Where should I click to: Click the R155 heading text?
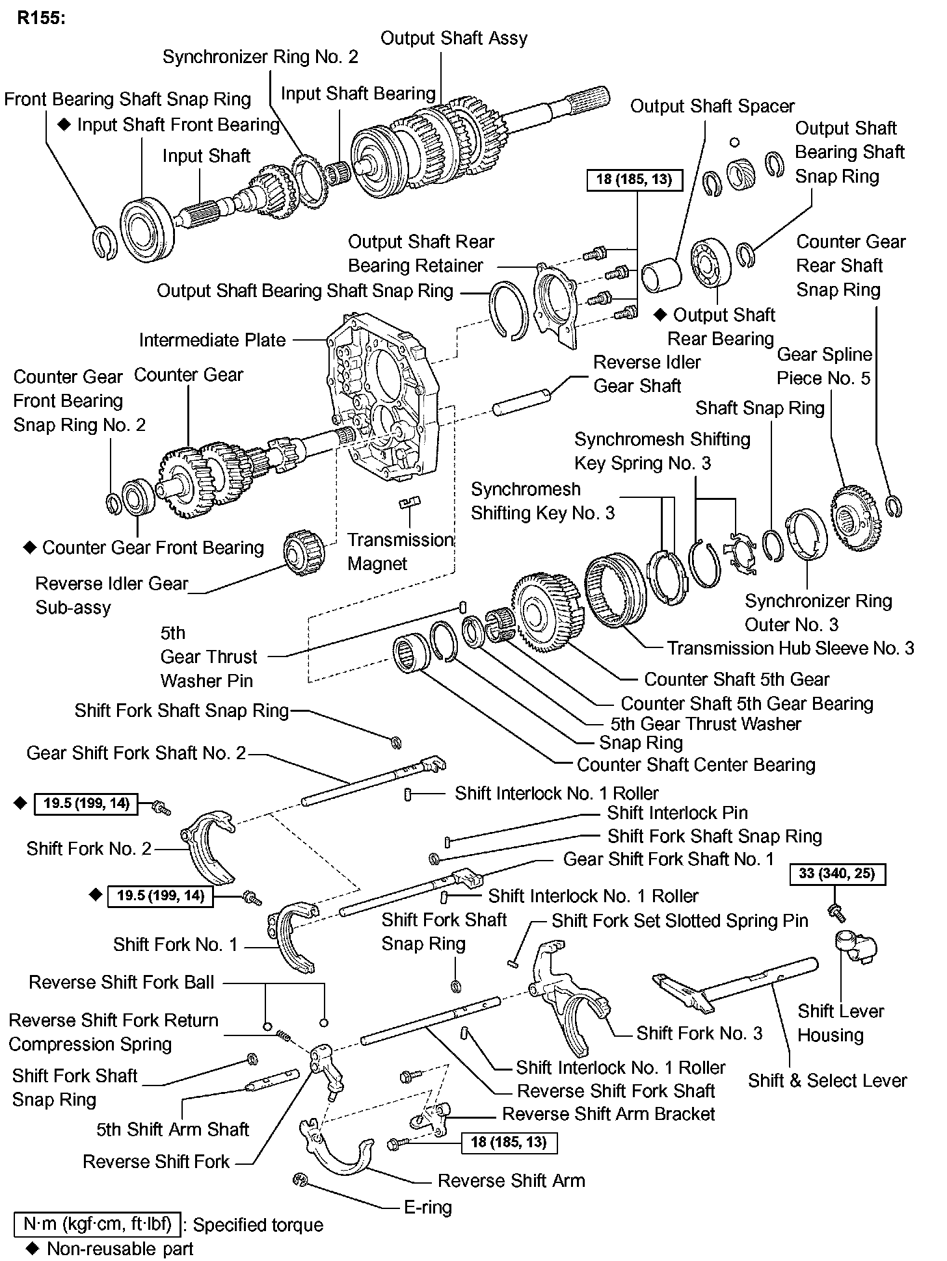tap(42, 18)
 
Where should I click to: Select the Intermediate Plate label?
tap(212, 340)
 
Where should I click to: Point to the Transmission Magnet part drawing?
tap(410, 502)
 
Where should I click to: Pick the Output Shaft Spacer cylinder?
tap(661, 276)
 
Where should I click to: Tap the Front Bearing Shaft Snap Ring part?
tap(103, 242)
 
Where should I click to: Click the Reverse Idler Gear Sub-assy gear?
tap(304, 551)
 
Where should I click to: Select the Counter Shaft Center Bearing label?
tap(696, 764)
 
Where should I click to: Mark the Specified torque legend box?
tap(98, 1225)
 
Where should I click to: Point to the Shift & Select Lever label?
tap(827, 1080)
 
